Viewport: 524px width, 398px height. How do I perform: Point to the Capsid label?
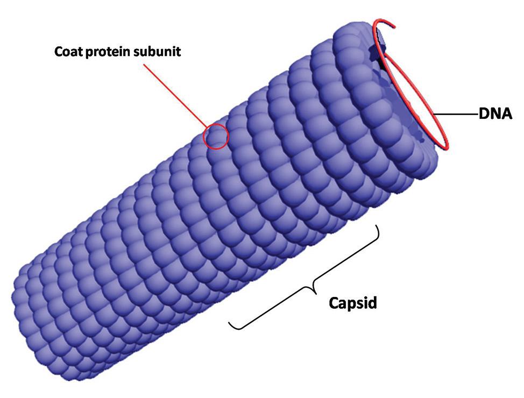pos(353,303)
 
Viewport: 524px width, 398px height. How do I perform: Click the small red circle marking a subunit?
pos(216,137)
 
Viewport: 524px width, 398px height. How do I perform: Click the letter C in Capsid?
pos(334,303)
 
